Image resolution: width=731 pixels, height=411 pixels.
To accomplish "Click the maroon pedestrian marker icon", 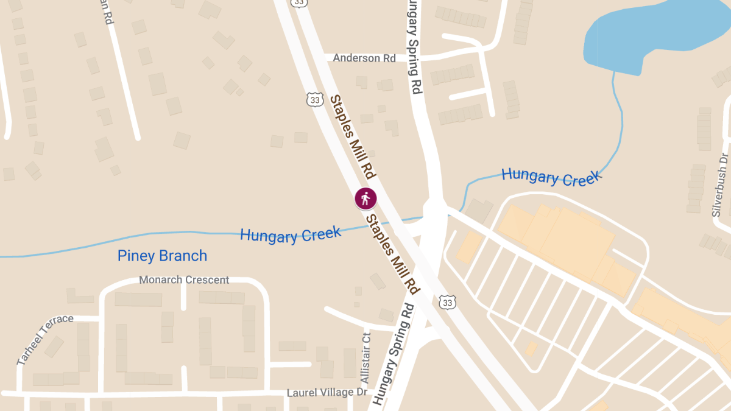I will point(365,198).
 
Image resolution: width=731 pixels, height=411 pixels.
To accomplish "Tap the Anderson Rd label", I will point(364,58).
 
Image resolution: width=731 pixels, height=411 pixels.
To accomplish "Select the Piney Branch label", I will point(162,256).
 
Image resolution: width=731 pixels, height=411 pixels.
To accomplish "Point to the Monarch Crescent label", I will point(184,280).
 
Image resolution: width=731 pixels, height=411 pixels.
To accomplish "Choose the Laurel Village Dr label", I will point(327,393).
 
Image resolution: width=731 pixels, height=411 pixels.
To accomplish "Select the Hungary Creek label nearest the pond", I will point(551,177).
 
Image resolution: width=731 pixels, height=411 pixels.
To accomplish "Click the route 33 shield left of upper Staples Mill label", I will point(314,99).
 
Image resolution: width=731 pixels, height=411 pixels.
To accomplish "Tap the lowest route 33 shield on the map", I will point(447,301).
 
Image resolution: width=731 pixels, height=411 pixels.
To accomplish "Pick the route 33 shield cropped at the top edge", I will point(298,2).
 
